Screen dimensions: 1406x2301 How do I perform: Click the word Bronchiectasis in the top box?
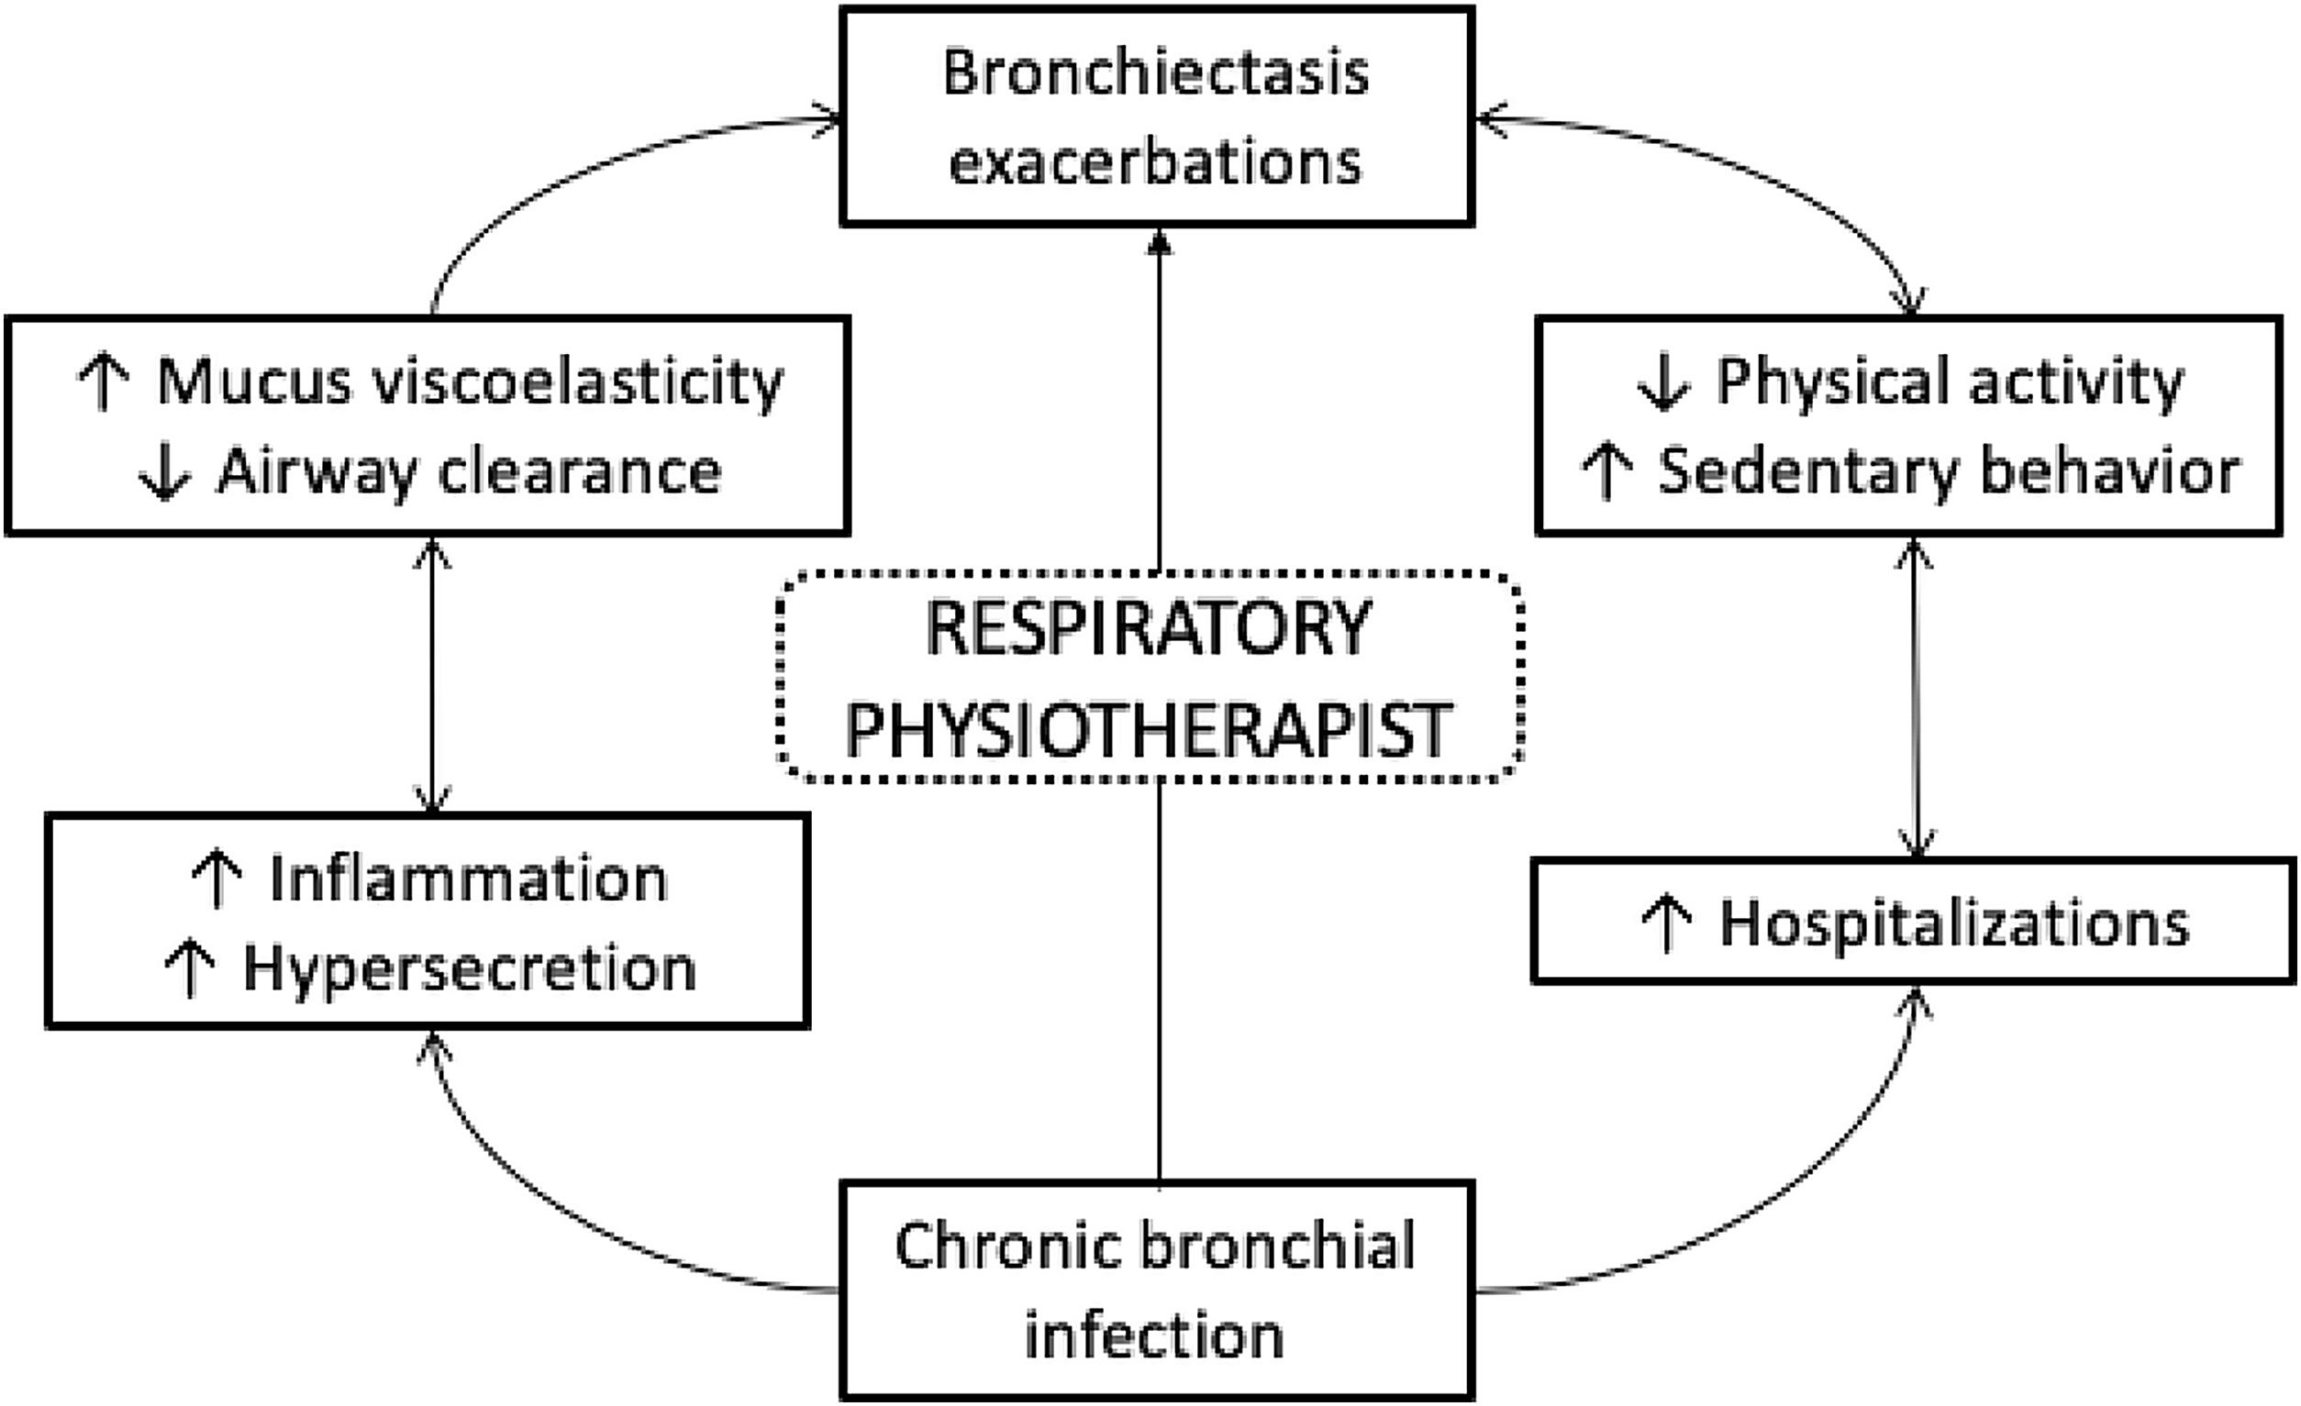[1155, 72]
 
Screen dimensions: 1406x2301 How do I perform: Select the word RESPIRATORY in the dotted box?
[1148, 628]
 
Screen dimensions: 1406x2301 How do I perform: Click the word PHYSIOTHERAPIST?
[1148, 730]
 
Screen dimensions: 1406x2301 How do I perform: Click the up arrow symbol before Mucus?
[103, 382]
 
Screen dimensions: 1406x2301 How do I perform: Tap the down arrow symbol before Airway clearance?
[164, 472]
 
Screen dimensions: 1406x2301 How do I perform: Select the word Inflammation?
[469, 880]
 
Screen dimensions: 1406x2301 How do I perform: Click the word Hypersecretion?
[470, 969]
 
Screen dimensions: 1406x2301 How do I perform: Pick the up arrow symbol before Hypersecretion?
[190, 969]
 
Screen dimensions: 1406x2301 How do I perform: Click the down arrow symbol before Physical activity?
[1663, 382]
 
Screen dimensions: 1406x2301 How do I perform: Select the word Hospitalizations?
[1954, 924]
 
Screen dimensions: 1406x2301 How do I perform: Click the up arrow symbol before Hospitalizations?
[1666, 924]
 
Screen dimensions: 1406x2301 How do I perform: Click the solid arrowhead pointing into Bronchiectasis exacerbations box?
[1159, 243]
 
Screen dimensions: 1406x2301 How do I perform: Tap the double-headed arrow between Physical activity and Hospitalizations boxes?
[1916, 695]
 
